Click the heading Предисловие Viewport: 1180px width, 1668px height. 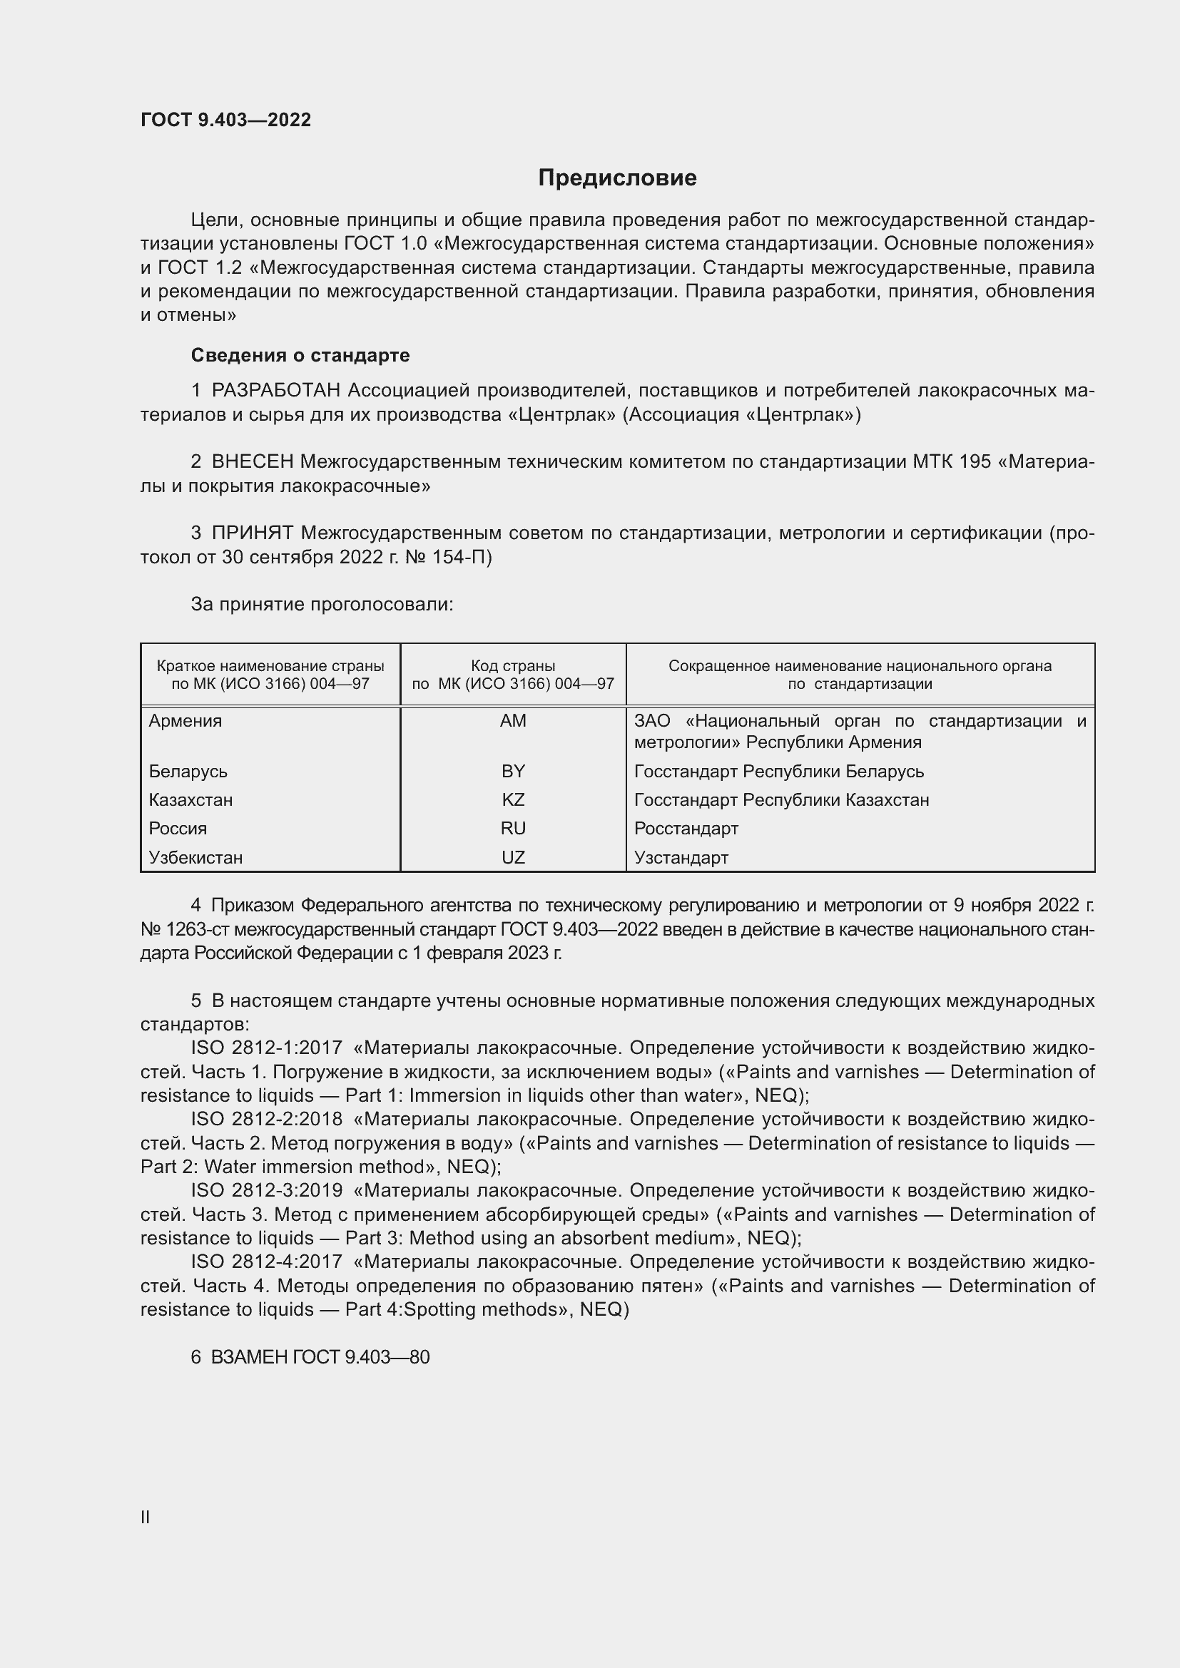[617, 178]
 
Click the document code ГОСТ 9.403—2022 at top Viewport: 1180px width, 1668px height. [225, 120]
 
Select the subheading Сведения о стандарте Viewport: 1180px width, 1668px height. [300, 355]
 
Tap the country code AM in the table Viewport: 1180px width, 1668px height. [513, 721]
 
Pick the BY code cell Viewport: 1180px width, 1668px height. [513, 771]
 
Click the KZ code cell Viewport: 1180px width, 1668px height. [513, 800]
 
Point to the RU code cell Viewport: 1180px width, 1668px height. [513, 828]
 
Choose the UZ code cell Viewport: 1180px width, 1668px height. [513, 857]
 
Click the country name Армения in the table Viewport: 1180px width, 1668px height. [185, 721]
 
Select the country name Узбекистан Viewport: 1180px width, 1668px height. [195, 857]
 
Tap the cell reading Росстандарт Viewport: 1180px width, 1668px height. [686, 828]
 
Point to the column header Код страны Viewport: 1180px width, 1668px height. [513, 665]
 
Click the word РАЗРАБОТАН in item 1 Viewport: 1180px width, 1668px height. [275, 391]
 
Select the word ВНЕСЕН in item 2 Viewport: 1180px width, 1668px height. [252, 461]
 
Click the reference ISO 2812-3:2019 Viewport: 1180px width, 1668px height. [266, 1191]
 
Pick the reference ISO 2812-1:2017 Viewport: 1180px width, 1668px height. [266, 1048]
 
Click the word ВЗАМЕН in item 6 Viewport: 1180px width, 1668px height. [250, 1357]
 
